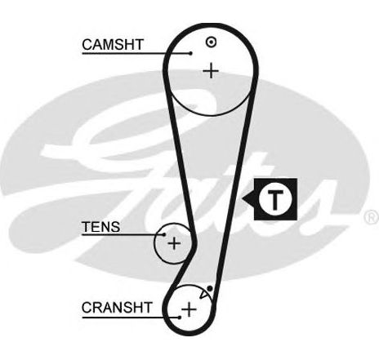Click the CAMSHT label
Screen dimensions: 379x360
point(113,45)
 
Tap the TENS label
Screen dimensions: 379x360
point(100,227)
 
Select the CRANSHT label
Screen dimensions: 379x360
point(117,308)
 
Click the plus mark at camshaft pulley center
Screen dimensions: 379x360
point(211,71)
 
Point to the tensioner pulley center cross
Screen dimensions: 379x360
point(174,243)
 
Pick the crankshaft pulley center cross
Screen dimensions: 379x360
point(189,309)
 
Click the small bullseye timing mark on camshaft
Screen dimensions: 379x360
point(212,42)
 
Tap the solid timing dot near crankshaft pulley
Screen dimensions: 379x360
point(209,288)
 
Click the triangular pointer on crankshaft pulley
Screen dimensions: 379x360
point(203,294)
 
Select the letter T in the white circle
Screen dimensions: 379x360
point(275,199)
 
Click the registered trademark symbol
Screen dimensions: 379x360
point(372,217)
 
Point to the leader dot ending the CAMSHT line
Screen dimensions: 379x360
point(191,53)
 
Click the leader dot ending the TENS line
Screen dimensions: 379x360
point(164,234)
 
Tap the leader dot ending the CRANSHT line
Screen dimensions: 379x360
point(180,318)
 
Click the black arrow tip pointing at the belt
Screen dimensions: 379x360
point(243,199)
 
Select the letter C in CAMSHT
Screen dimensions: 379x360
point(87,45)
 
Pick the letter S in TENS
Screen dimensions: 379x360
point(115,227)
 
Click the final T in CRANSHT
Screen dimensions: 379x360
point(147,308)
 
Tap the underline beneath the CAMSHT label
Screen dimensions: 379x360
point(136,53)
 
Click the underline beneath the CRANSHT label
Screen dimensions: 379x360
point(131,318)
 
